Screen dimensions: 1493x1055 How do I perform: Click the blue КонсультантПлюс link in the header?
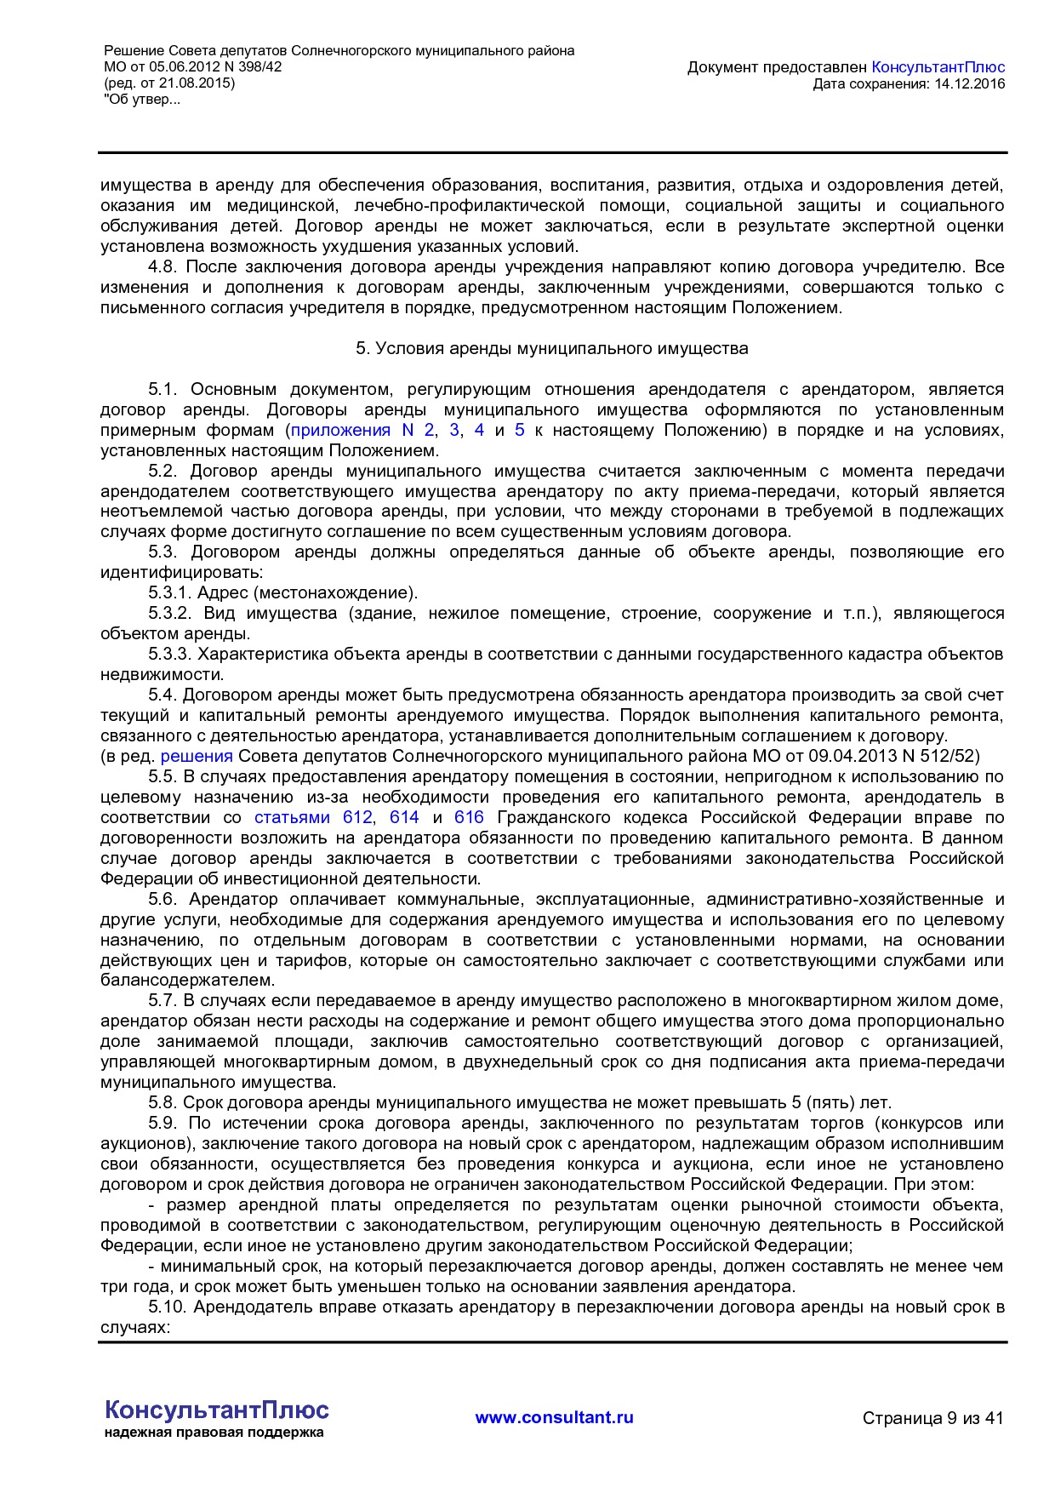point(938,67)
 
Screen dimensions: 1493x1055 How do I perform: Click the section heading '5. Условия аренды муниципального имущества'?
point(551,348)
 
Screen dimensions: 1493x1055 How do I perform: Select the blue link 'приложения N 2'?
point(362,430)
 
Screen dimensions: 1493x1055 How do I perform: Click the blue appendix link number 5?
point(520,430)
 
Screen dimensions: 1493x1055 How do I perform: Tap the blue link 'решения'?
point(197,756)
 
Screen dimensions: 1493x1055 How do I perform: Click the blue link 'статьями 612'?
point(313,817)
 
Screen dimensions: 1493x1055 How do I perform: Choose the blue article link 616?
point(469,817)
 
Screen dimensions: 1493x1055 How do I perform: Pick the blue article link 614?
point(404,817)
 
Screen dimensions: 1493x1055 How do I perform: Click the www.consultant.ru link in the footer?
point(554,1417)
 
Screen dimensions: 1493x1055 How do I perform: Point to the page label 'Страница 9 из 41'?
point(932,1418)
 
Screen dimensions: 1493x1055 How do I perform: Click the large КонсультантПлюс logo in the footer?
point(216,1410)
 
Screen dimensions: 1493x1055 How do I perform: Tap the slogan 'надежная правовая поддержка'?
point(214,1433)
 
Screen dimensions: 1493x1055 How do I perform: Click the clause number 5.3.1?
point(170,593)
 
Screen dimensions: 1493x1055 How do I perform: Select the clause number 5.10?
point(168,1307)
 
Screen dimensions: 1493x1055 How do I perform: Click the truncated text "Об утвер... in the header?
point(142,100)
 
